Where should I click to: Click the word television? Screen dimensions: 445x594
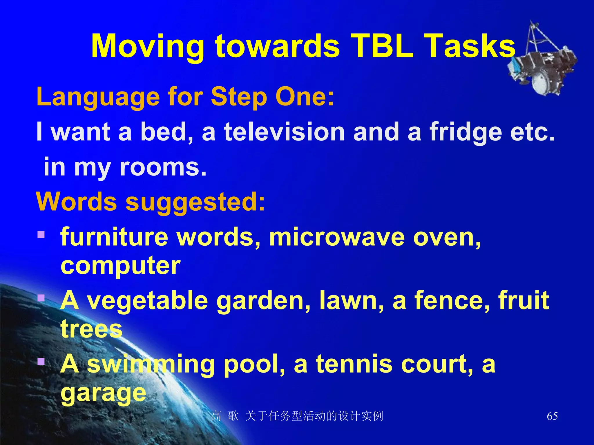[x=284, y=132]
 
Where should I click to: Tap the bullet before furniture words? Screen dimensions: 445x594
[x=41, y=234]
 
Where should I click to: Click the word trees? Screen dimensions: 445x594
[x=91, y=329]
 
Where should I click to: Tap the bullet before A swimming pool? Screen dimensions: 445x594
[x=41, y=362]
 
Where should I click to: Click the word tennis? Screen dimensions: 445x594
[x=354, y=364]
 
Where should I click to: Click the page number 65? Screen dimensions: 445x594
[x=552, y=416]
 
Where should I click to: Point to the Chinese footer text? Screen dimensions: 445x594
[x=297, y=416]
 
